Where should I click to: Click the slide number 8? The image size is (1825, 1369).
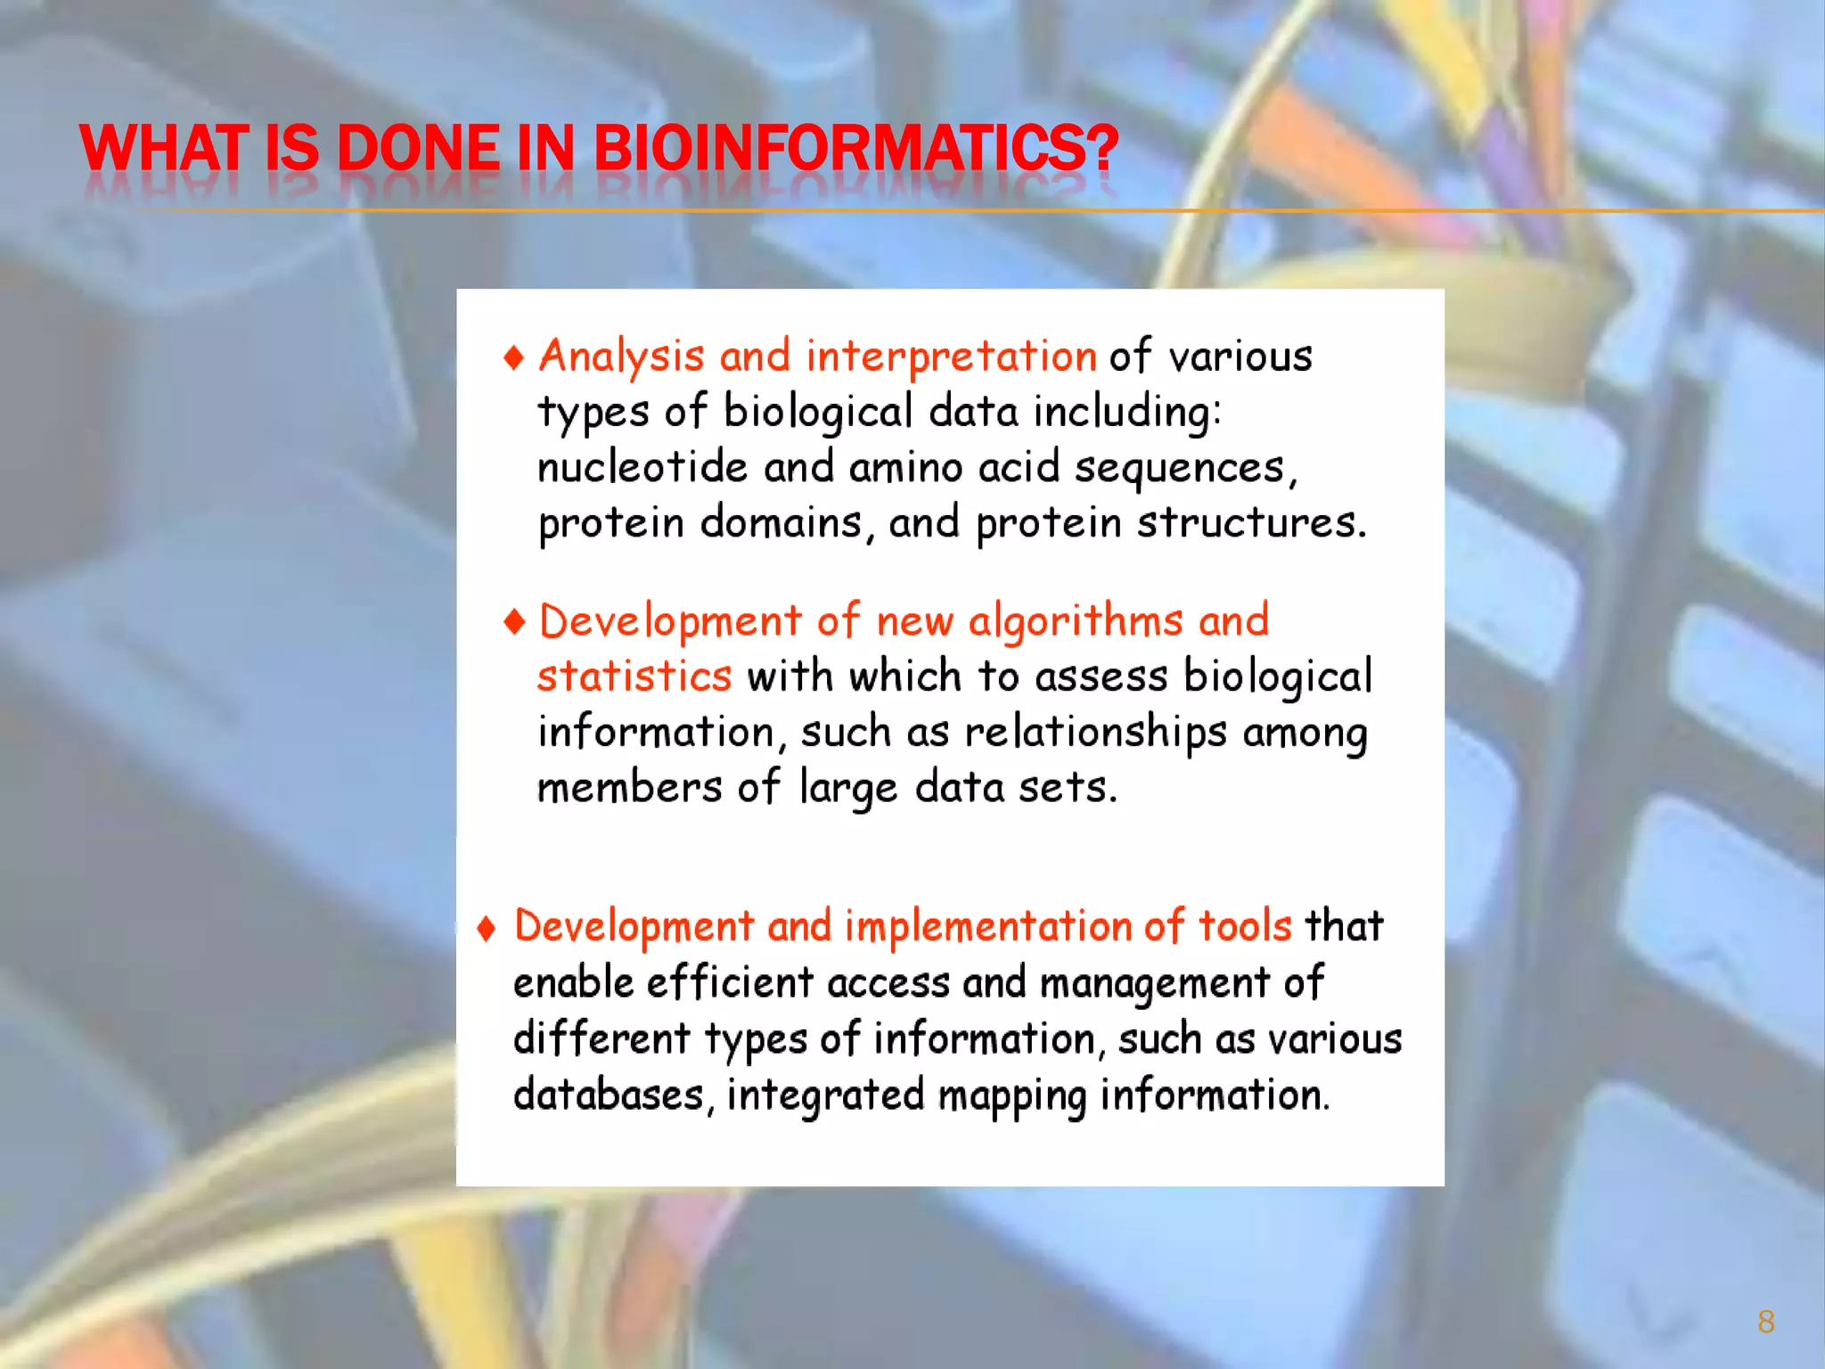1765,1321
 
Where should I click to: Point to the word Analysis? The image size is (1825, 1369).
621,357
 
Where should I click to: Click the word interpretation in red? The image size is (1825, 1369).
951,357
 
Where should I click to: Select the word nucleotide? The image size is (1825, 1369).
642,467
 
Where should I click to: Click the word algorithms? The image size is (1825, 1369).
1076,621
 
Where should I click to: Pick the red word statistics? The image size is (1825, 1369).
634,676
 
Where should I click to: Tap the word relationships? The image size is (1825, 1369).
1095,733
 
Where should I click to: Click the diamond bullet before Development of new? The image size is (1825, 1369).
514,621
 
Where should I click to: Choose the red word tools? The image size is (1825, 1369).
1244,926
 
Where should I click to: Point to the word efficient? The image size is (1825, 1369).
730,982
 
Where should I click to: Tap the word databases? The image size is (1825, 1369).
609,1094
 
